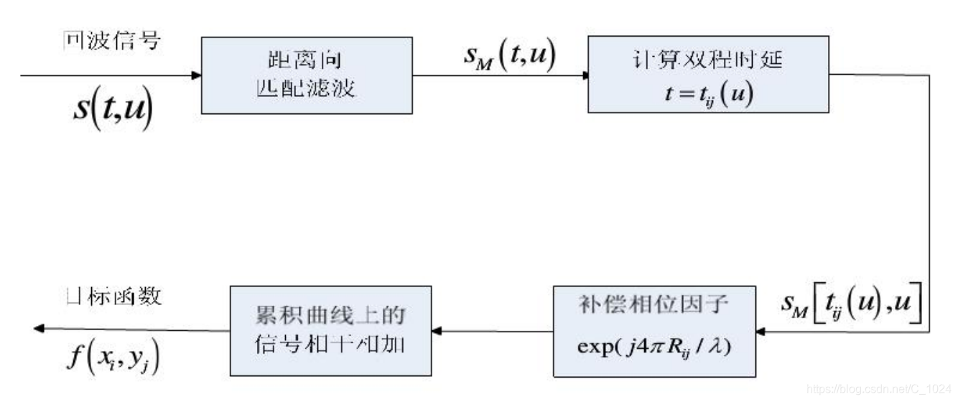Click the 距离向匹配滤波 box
[x=307, y=75]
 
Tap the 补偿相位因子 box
[x=654, y=331]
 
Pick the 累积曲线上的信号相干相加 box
[x=330, y=331]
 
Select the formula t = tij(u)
[x=707, y=95]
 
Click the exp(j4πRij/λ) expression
[x=654, y=352]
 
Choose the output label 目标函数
[x=111, y=296]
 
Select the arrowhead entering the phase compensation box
[x=762, y=332]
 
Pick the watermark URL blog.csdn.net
[x=879, y=388]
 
